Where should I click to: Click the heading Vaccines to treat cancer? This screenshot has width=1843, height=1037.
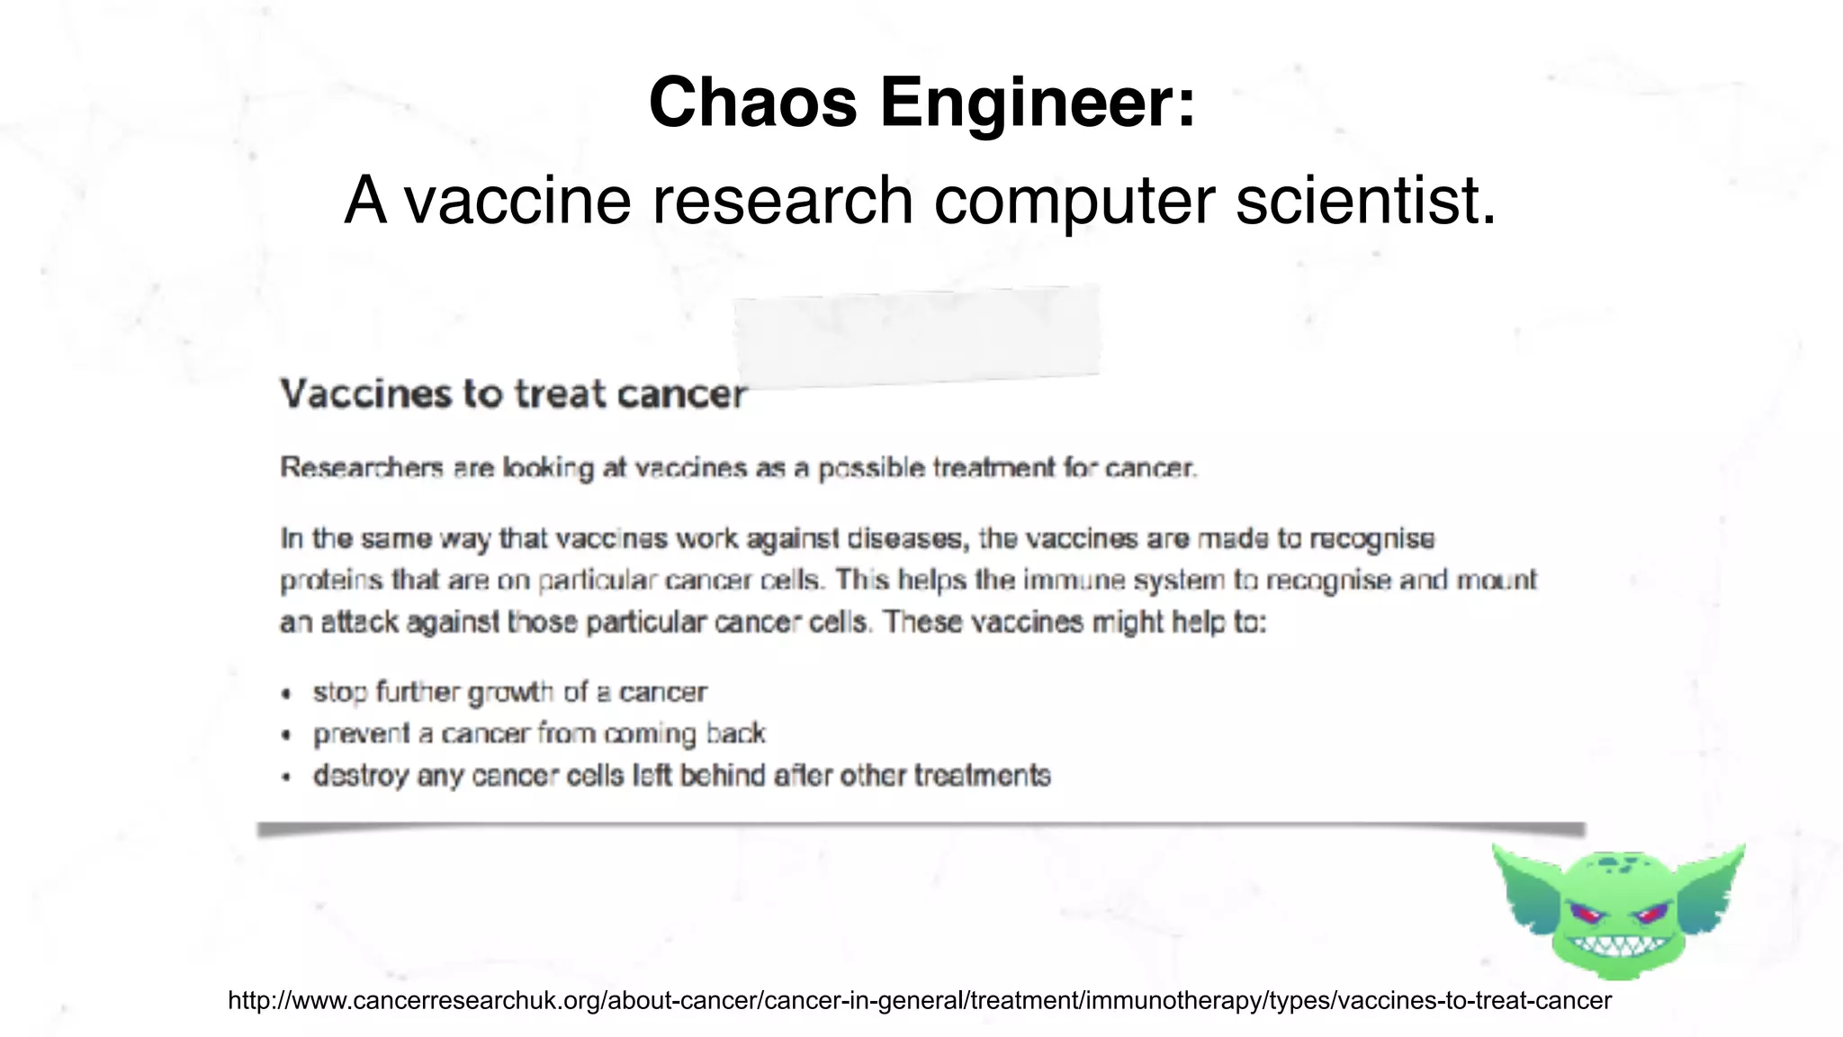(x=513, y=394)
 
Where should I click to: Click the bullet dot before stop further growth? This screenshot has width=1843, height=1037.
(x=286, y=694)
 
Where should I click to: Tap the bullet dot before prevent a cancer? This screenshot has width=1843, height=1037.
(x=286, y=735)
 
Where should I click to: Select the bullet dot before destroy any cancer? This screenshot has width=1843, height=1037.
(x=286, y=777)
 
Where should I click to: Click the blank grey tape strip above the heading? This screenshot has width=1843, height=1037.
(x=917, y=336)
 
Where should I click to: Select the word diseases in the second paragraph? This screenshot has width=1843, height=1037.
(x=906, y=539)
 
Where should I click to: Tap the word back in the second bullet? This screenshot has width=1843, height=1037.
(x=736, y=735)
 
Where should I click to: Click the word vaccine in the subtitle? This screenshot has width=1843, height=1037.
(x=517, y=201)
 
